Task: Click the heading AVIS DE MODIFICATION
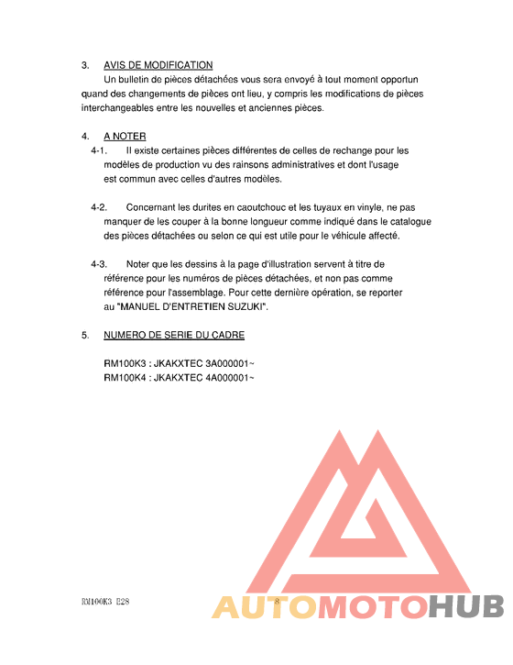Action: coord(158,65)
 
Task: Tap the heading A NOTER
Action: coord(125,136)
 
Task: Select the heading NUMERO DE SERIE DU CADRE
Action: coord(174,335)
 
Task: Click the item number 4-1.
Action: coord(100,150)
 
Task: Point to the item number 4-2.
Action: coord(100,207)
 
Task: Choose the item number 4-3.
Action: coord(100,264)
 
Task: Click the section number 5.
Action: coord(85,335)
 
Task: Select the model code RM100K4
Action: coord(125,378)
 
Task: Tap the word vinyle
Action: coord(363,207)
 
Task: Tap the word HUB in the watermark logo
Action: coord(466,606)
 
